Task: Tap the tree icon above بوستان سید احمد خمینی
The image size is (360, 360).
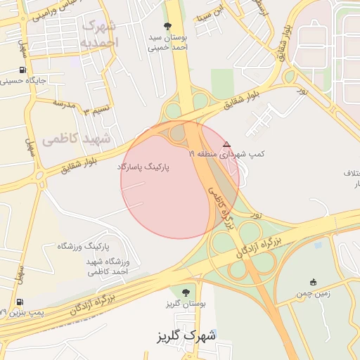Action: tap(167, 26)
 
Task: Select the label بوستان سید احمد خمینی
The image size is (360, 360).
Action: tap(167, 43)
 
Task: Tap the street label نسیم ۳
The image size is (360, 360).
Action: tap(92, 110)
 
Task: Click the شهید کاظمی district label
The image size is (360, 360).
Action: tap(77, 138)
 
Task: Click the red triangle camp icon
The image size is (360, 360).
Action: tap(226, 143)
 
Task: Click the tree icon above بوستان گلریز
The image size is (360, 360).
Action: tap(185, 292)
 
